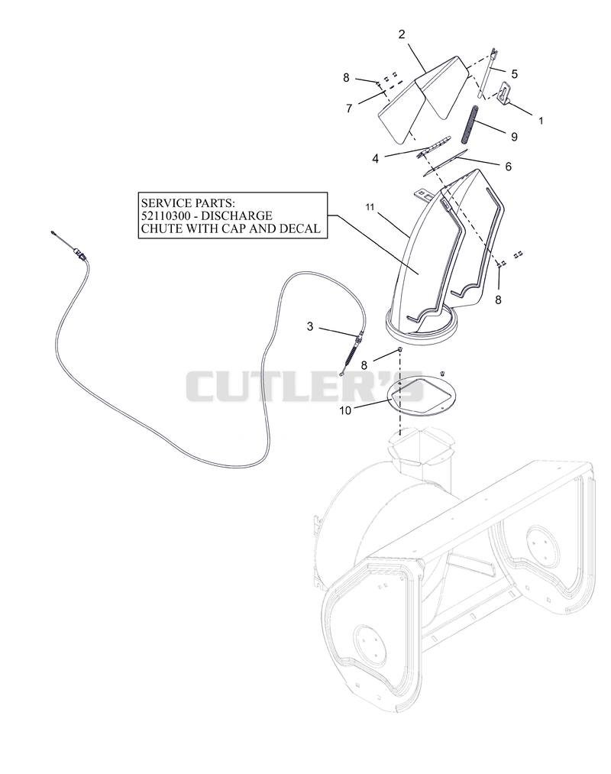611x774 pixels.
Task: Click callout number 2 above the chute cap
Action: pos(401,34)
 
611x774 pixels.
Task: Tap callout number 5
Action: pos(514,74)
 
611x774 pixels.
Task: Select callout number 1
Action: pos(541,121)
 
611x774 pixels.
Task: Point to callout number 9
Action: pos(514,137)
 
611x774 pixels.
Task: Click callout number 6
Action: pos(508,167)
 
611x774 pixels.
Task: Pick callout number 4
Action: pos(375,160)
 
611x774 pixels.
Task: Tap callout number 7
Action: pos(349,108)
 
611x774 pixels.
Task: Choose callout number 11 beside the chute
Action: pos(370,207)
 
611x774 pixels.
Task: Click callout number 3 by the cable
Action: pos(309,326)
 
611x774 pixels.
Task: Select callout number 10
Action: pos(345,410)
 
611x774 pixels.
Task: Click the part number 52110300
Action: pos(163,215)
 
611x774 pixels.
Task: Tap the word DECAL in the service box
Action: pos(301,228)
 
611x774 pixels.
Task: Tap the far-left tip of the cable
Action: pos(52,232)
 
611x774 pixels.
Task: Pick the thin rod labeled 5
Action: pos(486,73)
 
